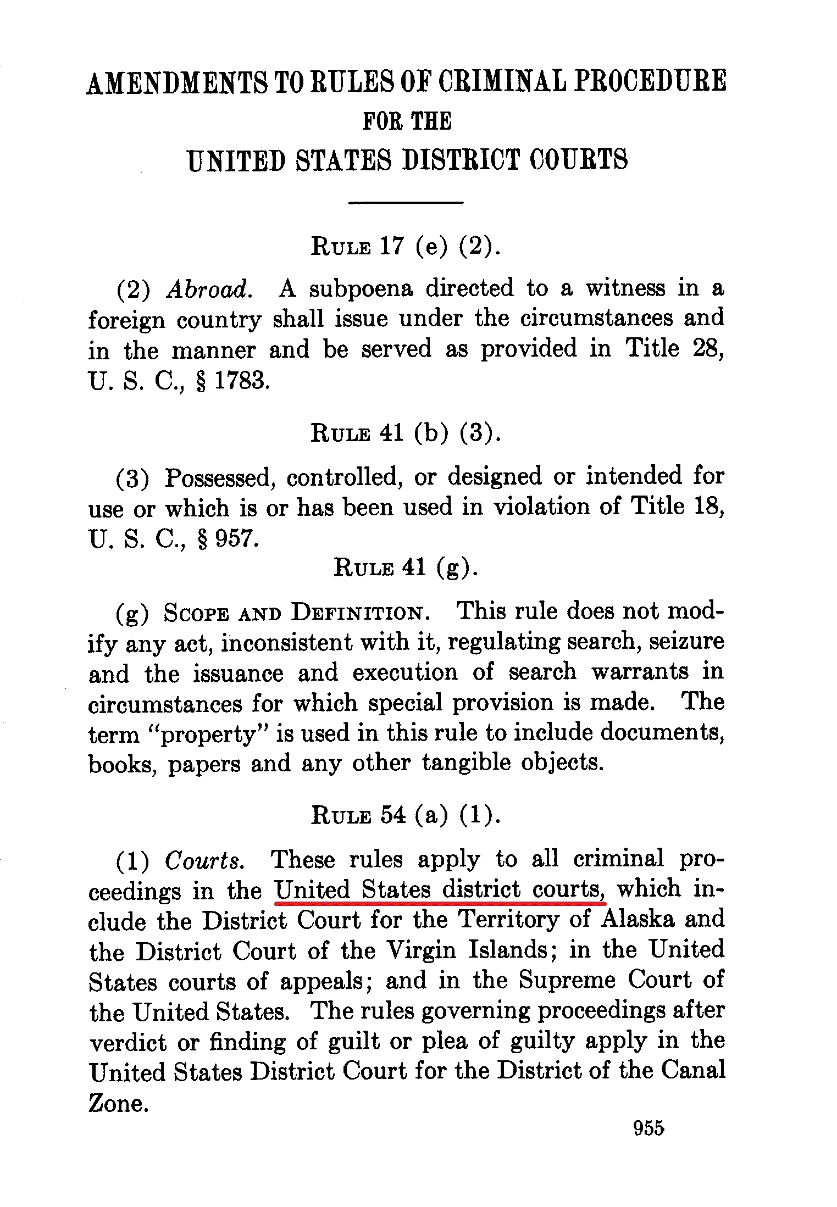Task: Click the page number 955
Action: [x=648, y=1128]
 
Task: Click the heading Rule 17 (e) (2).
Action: [x=406, y=246]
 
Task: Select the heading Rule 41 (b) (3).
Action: [x=406, y=433]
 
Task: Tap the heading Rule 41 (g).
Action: [x=406, y=567]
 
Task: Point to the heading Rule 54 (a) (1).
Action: [x=406, y=815]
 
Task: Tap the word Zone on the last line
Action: [x=118, y=1103]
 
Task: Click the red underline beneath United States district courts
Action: [x=440, y=902]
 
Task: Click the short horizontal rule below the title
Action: [x=406, y=203]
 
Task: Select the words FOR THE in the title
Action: [x=407, y=121]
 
